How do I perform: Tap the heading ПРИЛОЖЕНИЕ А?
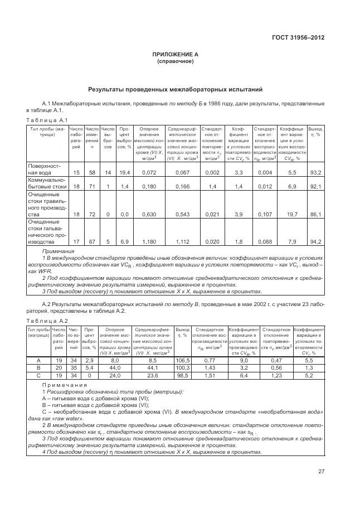pyautogui.click(x=176, y=55)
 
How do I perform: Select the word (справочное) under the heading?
pyautogui.click(x=176, y=61)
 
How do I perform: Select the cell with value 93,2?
pyautogui.click(x=315, y=172)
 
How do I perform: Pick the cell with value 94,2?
pyautogui.click(x=315, y=241)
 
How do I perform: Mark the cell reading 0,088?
pyautogui.click(x=265, y=241)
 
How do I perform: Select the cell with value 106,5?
pyautogui.click(x=182, y=361)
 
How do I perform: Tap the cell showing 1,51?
pyautogui.click(x=210, y=375)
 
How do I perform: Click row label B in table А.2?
pyautogui.click(x=38, y=368)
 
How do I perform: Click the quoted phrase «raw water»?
pyautogui.click(x=69, y=418)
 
